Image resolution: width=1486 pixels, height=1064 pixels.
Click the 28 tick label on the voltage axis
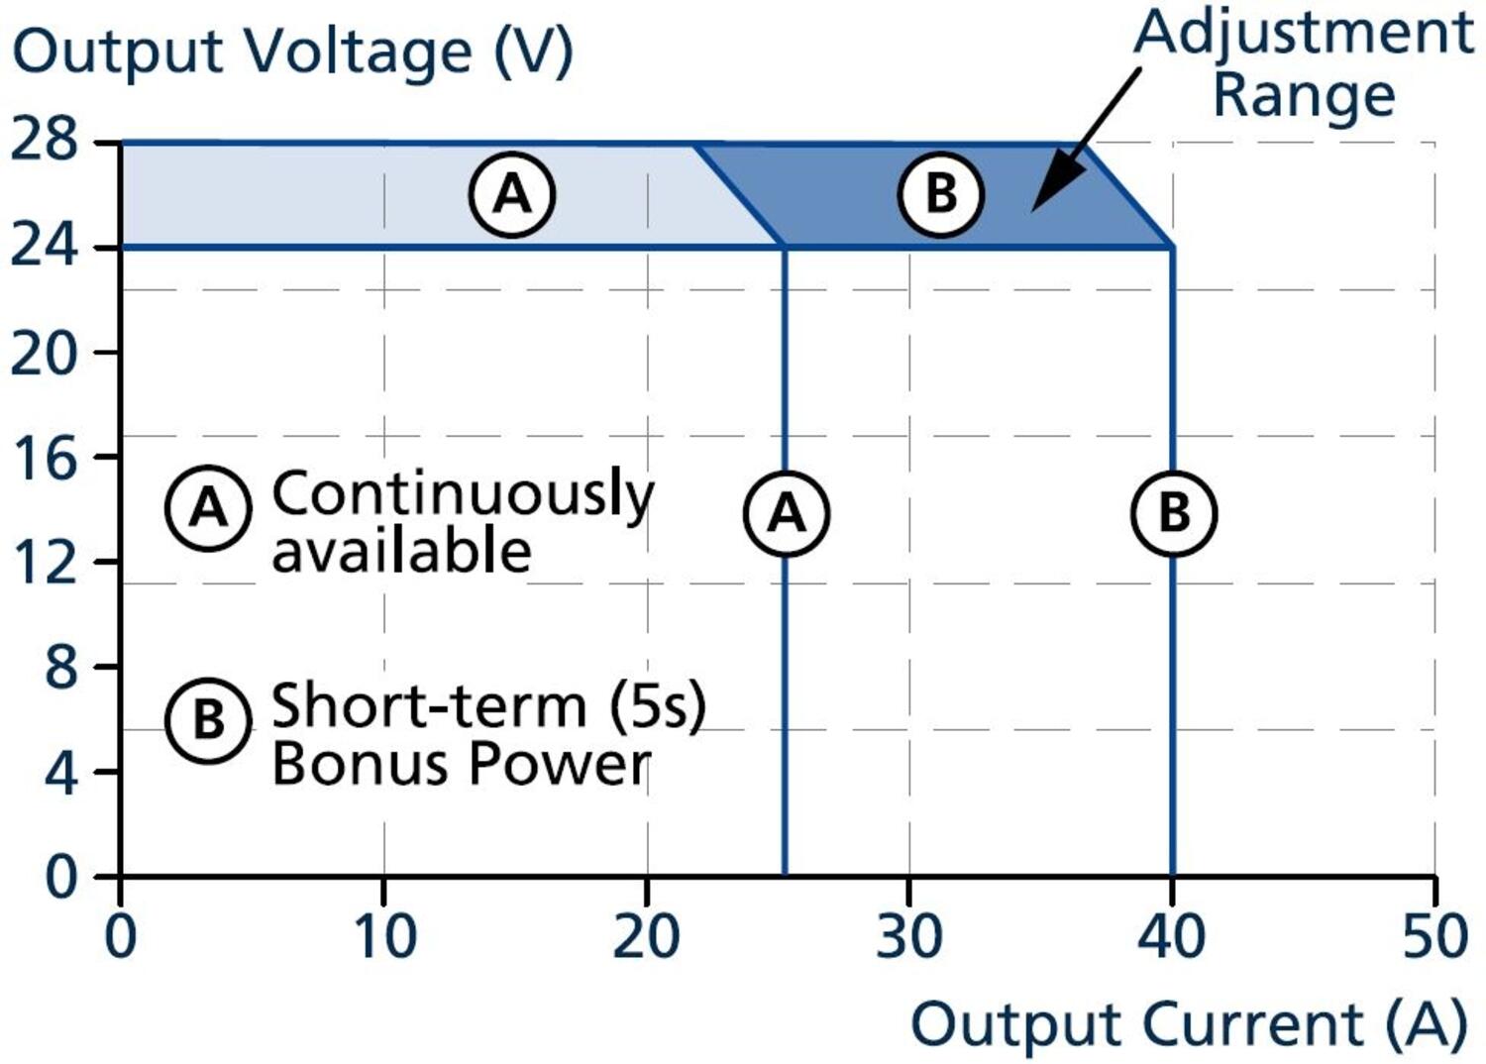[44, 140]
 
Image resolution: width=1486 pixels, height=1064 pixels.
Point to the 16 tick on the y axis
[44, 457]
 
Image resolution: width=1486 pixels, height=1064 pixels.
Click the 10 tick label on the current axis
[384, 936]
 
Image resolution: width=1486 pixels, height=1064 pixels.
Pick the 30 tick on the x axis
[908, 936]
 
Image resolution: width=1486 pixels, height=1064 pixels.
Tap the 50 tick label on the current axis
[1433, 936]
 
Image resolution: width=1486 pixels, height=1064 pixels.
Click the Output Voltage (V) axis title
[292, 52]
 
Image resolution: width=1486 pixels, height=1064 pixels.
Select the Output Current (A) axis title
[1188, 1023]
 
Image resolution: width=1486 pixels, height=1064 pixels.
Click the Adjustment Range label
[1304, 63]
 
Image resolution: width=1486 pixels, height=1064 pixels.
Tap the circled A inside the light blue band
[512, 193]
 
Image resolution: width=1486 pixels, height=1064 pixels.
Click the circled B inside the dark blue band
[941, 193]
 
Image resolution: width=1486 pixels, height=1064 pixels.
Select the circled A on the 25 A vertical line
[787, 513]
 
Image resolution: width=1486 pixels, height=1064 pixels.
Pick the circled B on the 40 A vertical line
[1174, 513]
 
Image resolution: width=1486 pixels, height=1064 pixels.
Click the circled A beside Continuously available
[208, 508]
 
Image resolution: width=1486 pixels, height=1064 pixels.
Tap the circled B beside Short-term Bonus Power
[208, 719]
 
